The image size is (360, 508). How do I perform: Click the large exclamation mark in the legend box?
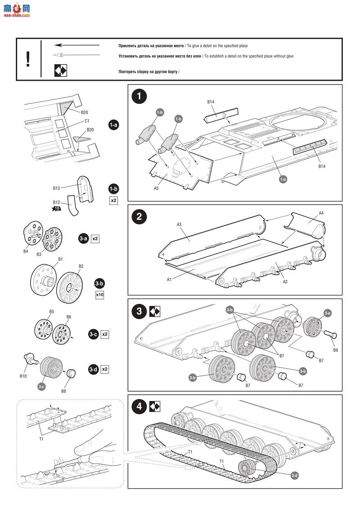[x=28, y=59]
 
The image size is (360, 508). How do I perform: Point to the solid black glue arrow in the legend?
[x=76, y=45]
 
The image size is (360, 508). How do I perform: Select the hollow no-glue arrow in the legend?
[x=76, y=55]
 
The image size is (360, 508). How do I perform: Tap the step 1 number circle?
[x=139, y=96]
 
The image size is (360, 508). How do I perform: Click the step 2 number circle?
[x=139, y=216]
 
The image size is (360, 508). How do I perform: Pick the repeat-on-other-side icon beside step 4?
[x=155, y=406]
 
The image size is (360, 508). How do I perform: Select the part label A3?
[x=179, y=224]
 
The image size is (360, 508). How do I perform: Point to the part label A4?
[x=321, y=213]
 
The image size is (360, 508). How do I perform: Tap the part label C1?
[x=87, y=121]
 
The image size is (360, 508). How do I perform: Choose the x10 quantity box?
[x=100, y=295]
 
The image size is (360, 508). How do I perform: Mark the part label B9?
[x=335, y=350]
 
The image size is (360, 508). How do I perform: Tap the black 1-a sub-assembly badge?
[x=113, y=125]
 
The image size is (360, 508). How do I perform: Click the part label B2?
[x=81, y=266]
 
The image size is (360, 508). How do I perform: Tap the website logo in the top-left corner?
[x=16, y=9]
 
